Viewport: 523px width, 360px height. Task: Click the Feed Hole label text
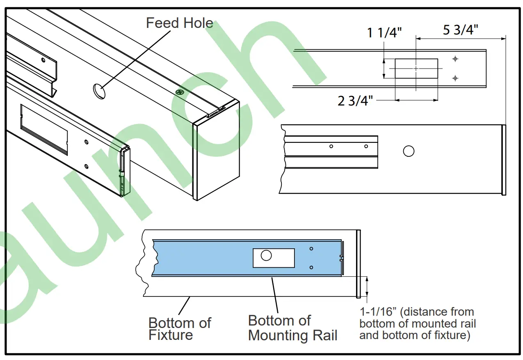click(179, 23)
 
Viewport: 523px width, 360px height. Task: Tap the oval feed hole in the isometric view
click(98, 91)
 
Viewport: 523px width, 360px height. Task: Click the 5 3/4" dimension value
click(460, 30)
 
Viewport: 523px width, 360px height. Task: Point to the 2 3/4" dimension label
click(355, 101)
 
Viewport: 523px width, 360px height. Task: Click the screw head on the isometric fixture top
click(179, 92)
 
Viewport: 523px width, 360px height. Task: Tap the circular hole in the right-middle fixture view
click(408, 151)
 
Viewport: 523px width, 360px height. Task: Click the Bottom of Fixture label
click(180, 328)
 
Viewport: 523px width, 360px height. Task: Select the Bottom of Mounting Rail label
click(292, 328)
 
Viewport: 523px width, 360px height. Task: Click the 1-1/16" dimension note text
click(417, 323)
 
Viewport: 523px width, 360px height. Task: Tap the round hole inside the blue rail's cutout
click(266, 255)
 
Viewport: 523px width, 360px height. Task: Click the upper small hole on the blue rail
click(311, 249)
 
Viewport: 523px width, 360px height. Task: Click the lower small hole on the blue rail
click(311, 267)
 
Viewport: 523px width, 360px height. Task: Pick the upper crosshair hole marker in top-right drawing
click(455, 59)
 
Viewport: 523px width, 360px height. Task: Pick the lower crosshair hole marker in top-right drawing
click(455, 78)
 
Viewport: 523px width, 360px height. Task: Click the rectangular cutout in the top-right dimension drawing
click(416, 69)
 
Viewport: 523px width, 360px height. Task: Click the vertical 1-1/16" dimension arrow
click(367, 286)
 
